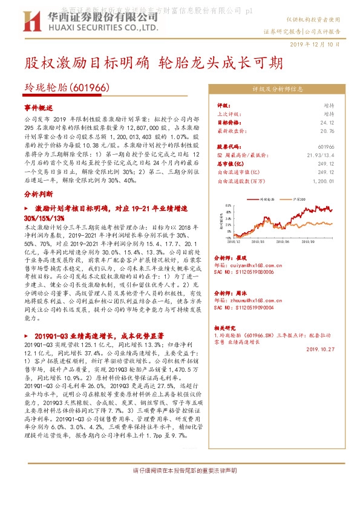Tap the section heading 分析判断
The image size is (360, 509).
point(39,195)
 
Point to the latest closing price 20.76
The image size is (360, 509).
point(326,130)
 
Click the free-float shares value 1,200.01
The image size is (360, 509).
point(322,180)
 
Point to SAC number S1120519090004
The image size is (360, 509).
point(244,307)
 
